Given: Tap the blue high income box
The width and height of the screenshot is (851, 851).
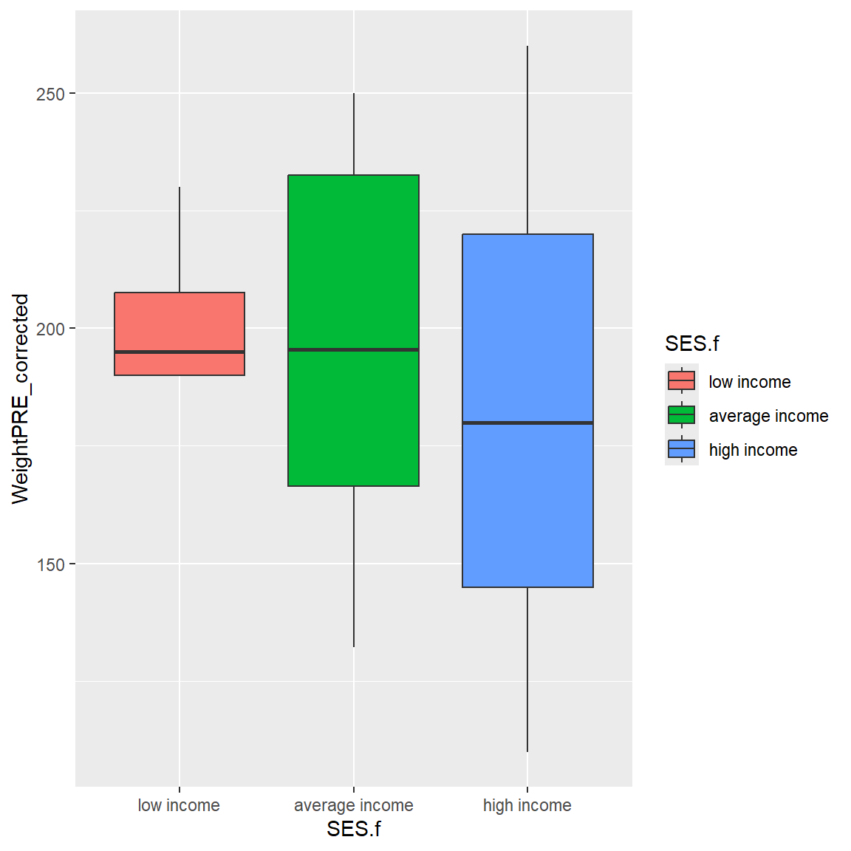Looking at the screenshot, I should [x=527, y=502].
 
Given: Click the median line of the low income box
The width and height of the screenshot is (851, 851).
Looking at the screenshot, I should [x=180, y=352].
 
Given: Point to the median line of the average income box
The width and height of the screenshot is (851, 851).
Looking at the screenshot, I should [x=353, y=349].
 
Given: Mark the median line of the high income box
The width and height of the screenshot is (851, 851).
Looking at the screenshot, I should [x=527, y=423].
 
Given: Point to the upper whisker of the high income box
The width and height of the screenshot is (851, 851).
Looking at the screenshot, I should [x=527, y=140].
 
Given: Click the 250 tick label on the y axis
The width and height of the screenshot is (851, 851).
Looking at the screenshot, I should [x=50, y=94].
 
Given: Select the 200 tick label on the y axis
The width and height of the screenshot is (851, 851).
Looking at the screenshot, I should [x=50, y=329].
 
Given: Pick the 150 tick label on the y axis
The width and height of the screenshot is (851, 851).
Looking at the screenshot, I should [x=50, y=564].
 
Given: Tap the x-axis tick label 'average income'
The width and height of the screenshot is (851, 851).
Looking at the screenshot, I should [x=353, y=805].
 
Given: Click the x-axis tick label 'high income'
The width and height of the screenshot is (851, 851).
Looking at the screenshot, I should [x=527, y=805].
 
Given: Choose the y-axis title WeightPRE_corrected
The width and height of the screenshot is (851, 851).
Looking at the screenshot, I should [x=20, y=399].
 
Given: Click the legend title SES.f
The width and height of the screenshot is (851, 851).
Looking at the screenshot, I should [x=691, y=344].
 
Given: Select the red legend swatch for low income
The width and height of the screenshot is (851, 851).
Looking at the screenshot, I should [x=681, y=381].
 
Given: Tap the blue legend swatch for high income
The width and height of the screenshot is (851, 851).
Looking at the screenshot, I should [x=681, y=449].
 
